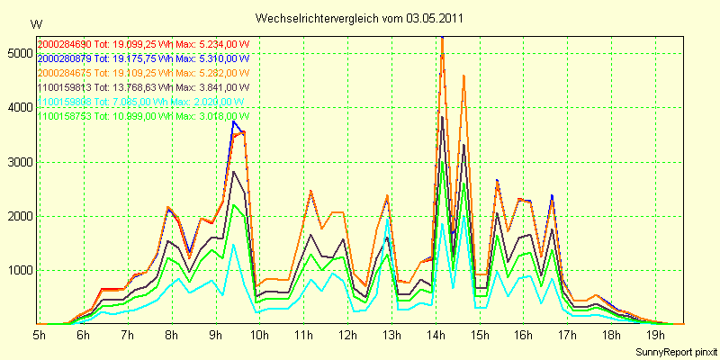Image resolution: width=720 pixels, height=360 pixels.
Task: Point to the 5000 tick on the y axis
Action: [18, 54]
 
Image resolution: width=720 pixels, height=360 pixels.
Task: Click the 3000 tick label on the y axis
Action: [18, 162]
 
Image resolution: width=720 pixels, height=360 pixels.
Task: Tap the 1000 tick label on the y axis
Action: [18, 270]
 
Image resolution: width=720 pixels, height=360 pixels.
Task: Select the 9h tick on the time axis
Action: [215, 335]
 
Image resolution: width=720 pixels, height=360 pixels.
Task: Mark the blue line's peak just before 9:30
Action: [234, 121]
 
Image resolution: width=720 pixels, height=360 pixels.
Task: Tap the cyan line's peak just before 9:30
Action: [233, 245]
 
